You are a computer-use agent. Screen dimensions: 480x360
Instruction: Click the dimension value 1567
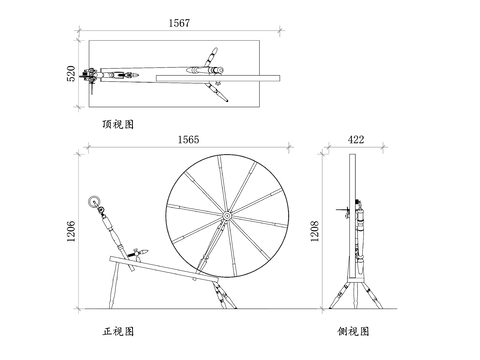(x=179, y=23)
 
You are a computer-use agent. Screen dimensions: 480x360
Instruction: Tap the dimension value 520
(x=71, y=74)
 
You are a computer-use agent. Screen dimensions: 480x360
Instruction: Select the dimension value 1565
(x=188, y=140)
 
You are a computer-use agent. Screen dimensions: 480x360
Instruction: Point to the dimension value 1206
(x=71, y=231)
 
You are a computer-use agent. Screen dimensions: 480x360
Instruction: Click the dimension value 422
(x=356, y=140)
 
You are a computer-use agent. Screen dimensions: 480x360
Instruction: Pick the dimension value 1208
(x=315, y=231)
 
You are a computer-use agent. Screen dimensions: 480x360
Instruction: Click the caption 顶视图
(x=118, y=124)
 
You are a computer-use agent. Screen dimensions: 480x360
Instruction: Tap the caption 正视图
(x=118, y=331)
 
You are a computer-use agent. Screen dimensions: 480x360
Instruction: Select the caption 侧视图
(x=353, y=331)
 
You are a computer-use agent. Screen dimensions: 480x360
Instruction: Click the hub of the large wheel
(x=227, y=216)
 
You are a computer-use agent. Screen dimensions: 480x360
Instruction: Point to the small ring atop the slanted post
(x=94, y=201)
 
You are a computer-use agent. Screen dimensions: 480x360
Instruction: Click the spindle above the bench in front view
(x=138, y=253)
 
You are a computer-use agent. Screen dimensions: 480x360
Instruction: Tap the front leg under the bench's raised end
(x=113, y=285)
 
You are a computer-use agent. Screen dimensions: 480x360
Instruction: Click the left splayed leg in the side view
(x=339, y=295)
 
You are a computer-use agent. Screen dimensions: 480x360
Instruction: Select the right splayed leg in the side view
(x=372, y=295)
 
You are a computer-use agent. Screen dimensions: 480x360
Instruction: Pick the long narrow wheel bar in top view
(x=218, y=78)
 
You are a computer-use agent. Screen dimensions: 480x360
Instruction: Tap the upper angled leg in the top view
(x=210, y=57)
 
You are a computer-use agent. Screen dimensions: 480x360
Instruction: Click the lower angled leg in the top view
(x=217, y=92)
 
